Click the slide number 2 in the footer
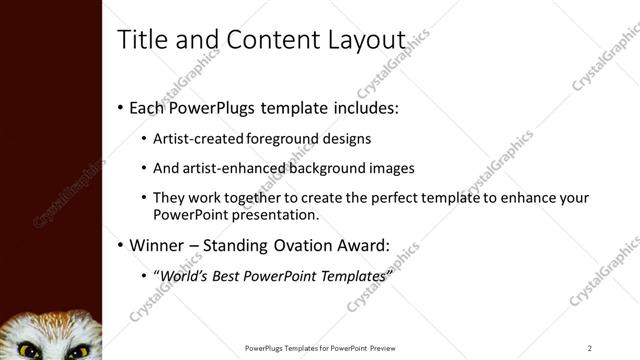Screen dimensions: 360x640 [x=590, y=348]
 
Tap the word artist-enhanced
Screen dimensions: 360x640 [x=237, y=168]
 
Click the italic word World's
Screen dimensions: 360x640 [x=184, y=275]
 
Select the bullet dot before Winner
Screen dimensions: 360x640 [x=121, y=245]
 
